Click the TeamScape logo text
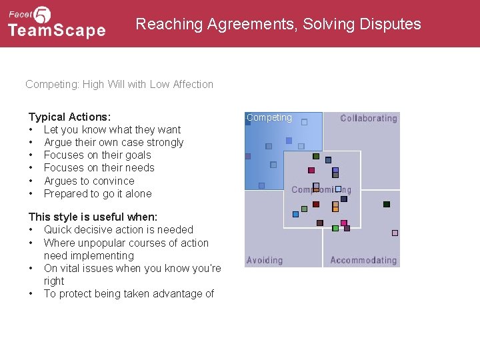(x=57, y=30)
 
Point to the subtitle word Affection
(x=193, y=84)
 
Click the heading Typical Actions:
(x=69, y=117)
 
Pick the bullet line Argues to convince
(x=89, y=181)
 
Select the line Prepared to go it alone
(x=97, y=193)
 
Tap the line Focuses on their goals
(x=97, y=155)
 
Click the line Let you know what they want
(x=112, y=129)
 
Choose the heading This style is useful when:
(x=93, y=217)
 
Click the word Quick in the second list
(x=57, y=229)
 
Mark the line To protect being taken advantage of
(x=129, y=293)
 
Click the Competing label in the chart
(x=269, y=117)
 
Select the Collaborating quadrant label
(x=369, y=118)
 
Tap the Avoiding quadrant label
(x=265, y=260)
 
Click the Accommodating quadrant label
(x=363, y=260)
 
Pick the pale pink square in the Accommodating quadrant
(x=395, y=233)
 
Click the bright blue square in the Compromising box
(x=295, y=214)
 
